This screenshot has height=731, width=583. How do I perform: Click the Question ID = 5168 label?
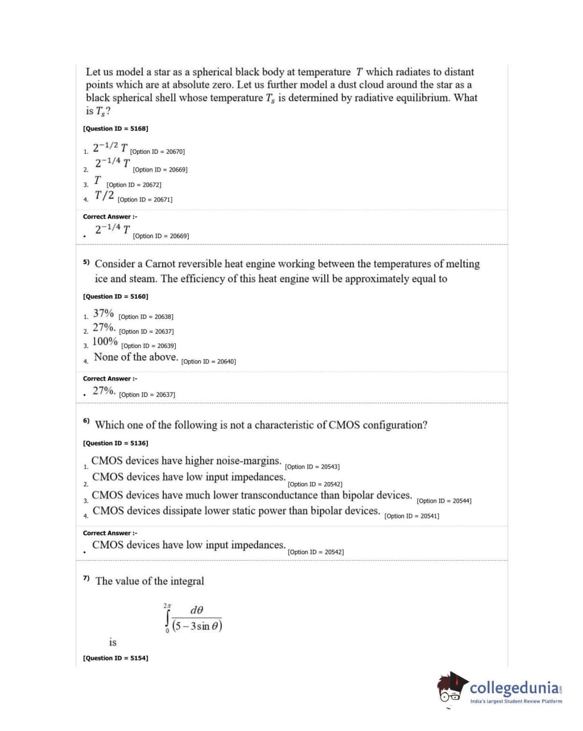coord(115,129)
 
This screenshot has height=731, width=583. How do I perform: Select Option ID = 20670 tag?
coord(158,152)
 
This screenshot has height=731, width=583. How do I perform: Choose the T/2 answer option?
coord(104,196)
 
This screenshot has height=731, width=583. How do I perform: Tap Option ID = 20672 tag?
coord(134,185)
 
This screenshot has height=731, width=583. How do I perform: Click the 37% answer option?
coord(103,314)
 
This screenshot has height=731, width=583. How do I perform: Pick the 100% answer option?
coord(105,342)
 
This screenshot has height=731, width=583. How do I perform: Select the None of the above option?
coord(135,358)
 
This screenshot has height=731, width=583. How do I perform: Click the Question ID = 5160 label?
coord(115,297)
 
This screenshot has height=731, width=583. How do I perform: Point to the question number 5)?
coord(86,262)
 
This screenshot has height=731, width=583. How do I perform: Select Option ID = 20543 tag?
coord(312,467)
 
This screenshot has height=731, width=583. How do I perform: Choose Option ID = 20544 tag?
coord(444,501)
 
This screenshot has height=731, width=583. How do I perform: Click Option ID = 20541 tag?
coord(412,516)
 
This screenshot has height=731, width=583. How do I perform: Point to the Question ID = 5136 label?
coord(115,443)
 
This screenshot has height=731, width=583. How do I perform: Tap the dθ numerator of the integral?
coord(197,610)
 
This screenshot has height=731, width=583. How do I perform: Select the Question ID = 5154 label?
coord(115,658)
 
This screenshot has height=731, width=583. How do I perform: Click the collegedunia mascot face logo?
coord(452,688)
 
